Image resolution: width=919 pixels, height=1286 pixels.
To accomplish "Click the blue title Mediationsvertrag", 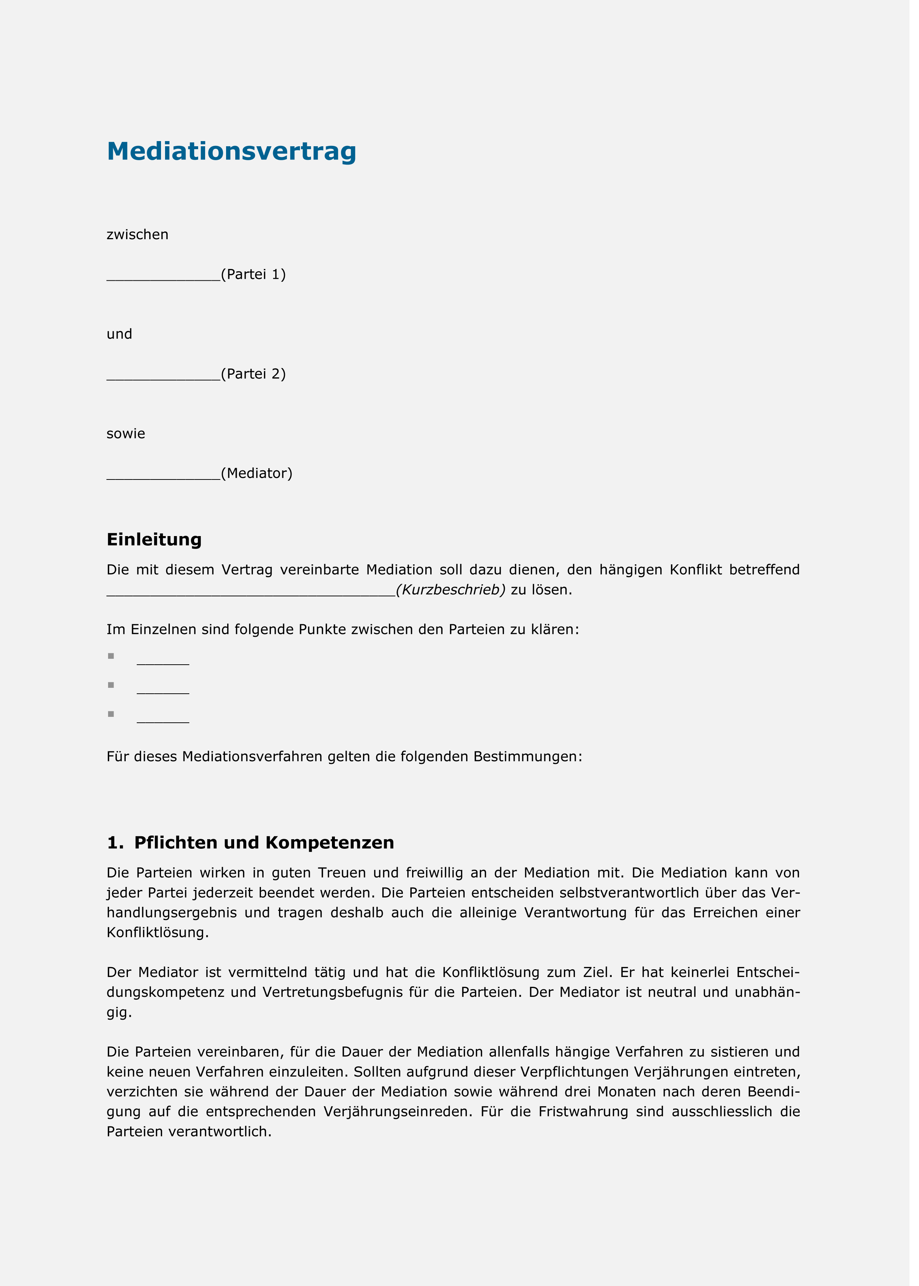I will click(232, 151).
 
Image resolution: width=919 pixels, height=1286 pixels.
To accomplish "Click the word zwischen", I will click(137, 235).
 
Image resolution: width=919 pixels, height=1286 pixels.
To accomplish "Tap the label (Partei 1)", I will click(254, 275).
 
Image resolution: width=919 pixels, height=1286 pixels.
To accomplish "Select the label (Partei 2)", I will click(254, 374).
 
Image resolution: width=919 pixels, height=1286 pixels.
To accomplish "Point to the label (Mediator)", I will click(257, 474).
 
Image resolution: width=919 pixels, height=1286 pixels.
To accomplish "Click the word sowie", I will click(126, 434).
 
